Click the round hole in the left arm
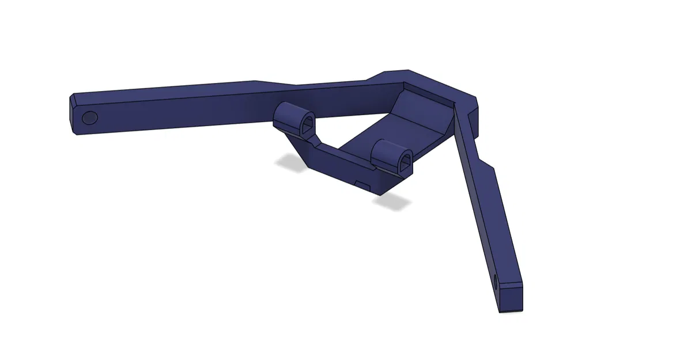point(90,118)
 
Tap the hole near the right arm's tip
point(496,282)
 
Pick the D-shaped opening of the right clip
point(406,159)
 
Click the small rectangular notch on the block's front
point(363,184)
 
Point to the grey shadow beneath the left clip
point(290,164)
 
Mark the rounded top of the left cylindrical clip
point(292,109)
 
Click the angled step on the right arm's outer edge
point(485,163)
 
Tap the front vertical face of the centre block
point(352,176)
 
